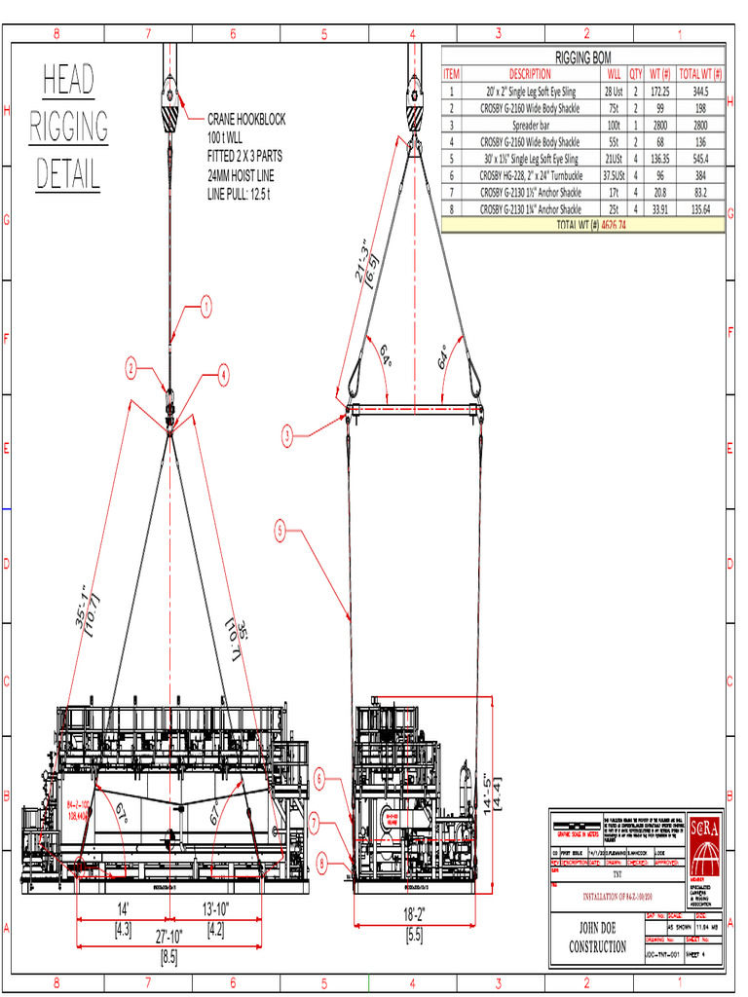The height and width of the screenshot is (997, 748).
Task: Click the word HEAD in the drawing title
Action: coord(68,81)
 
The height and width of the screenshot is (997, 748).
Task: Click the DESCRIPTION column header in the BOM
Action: coord(530,73)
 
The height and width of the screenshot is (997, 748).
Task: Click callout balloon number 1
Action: coord(206,309)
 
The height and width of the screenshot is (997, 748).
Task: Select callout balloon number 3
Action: coord(287,436)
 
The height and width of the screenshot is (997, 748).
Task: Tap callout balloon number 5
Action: coord(280,532)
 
